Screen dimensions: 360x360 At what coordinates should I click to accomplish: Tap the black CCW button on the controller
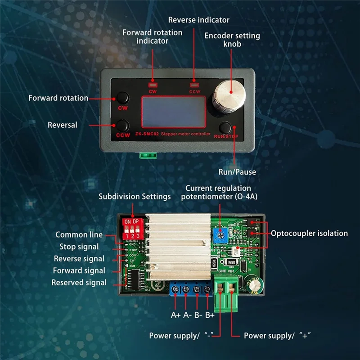[x=123, y=125]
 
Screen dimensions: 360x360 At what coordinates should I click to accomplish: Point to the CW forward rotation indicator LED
[x=153, y=84]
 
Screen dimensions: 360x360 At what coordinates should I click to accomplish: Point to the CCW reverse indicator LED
[x=194, y=84]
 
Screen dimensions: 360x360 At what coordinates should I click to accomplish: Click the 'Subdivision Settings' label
[x=135, y=197]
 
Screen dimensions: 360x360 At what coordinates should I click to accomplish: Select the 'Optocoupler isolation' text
[x=309, y=233]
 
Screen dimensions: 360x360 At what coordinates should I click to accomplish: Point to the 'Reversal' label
[x=63, y=125]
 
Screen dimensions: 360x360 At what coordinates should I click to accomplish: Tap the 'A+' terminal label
[x=175, y=315]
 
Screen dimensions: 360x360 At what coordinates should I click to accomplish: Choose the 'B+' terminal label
[x=210, y=315]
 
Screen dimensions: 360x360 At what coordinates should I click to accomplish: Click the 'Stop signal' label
[x=79, y=247]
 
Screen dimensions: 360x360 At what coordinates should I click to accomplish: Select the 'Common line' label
[x=79, y=234]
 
